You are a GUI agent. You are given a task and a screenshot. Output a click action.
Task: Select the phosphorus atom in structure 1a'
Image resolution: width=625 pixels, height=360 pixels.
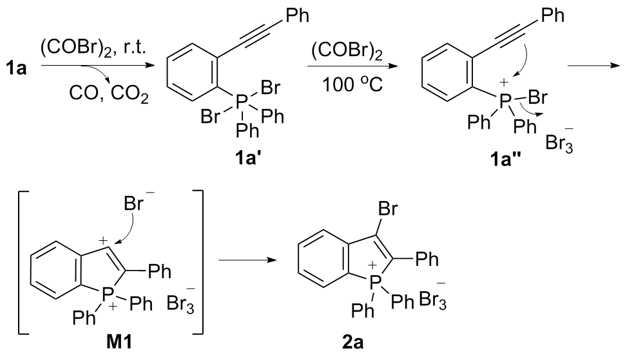tap(240, 101)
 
